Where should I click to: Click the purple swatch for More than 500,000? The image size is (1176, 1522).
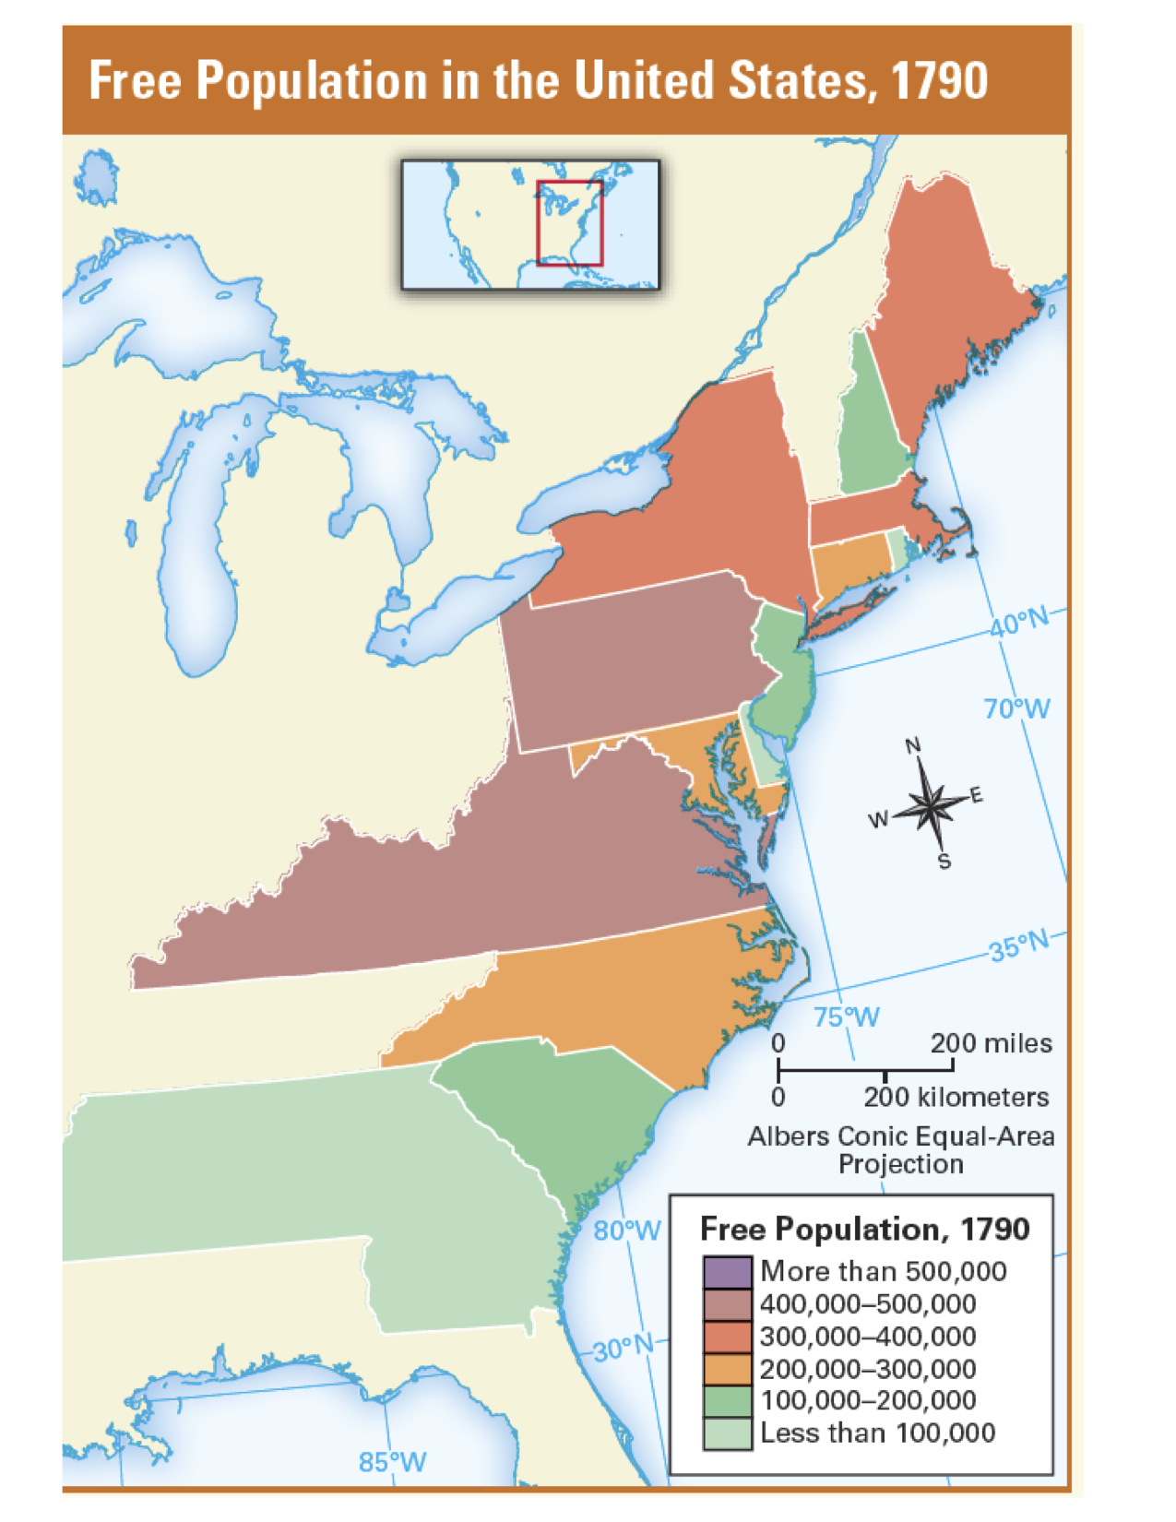click(727, 1272)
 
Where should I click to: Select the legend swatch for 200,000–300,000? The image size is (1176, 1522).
click(727, 1369)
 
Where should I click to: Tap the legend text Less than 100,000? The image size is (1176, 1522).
click(877, 1433)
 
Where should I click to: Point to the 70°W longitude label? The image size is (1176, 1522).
click(1016, 708)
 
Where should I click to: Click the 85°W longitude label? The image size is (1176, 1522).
click(392, 1461)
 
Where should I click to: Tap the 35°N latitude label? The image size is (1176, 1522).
click(1020, 946)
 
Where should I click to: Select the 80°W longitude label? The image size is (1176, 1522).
click(627, 1231)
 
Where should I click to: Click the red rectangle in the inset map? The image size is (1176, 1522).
click(570, 223)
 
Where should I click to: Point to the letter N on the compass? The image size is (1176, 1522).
click(912, 745)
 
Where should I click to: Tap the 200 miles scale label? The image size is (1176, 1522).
click(991, 1043)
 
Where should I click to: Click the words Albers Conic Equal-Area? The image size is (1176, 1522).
click(900, 1136)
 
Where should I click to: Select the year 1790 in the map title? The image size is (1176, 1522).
click(940, 80)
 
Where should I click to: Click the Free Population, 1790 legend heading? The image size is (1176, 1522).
click(864, 1229)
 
